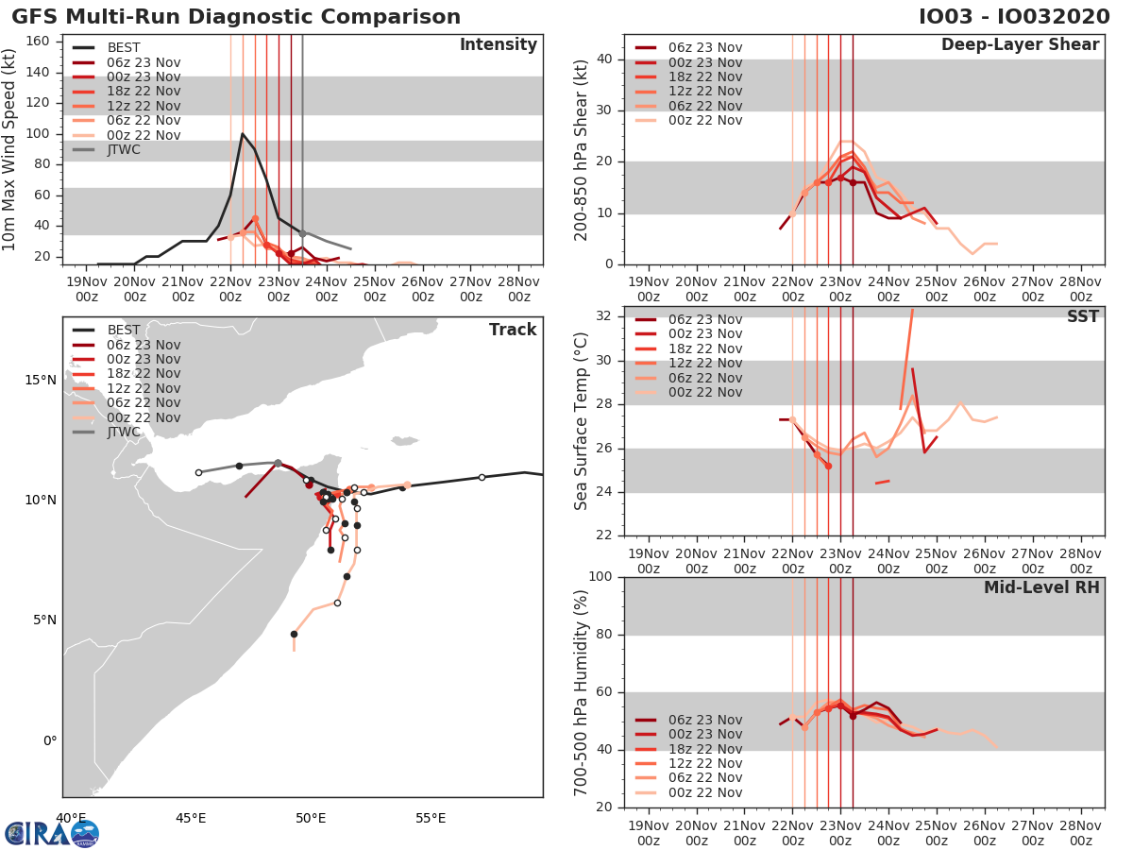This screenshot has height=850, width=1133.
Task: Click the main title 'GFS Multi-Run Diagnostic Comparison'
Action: [x=236, y=17]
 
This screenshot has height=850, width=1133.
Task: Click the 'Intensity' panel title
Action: [x=498, y=45]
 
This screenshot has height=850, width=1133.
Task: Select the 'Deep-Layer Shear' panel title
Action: [x=1020, y=45]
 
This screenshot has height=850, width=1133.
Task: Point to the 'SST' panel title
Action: [x=1083, y=316]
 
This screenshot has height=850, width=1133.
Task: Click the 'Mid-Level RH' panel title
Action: [x=1041, y=587]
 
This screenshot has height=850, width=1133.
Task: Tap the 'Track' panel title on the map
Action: [x=513, y=330]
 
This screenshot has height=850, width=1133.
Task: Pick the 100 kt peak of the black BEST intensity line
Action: [x=243, y=133]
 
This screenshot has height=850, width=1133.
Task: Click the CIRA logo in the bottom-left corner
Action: [x=51, y=833]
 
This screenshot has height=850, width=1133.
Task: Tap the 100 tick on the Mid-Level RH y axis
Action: [x=600, y=577]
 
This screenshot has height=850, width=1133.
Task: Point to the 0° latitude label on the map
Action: [x=48, y=740]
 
